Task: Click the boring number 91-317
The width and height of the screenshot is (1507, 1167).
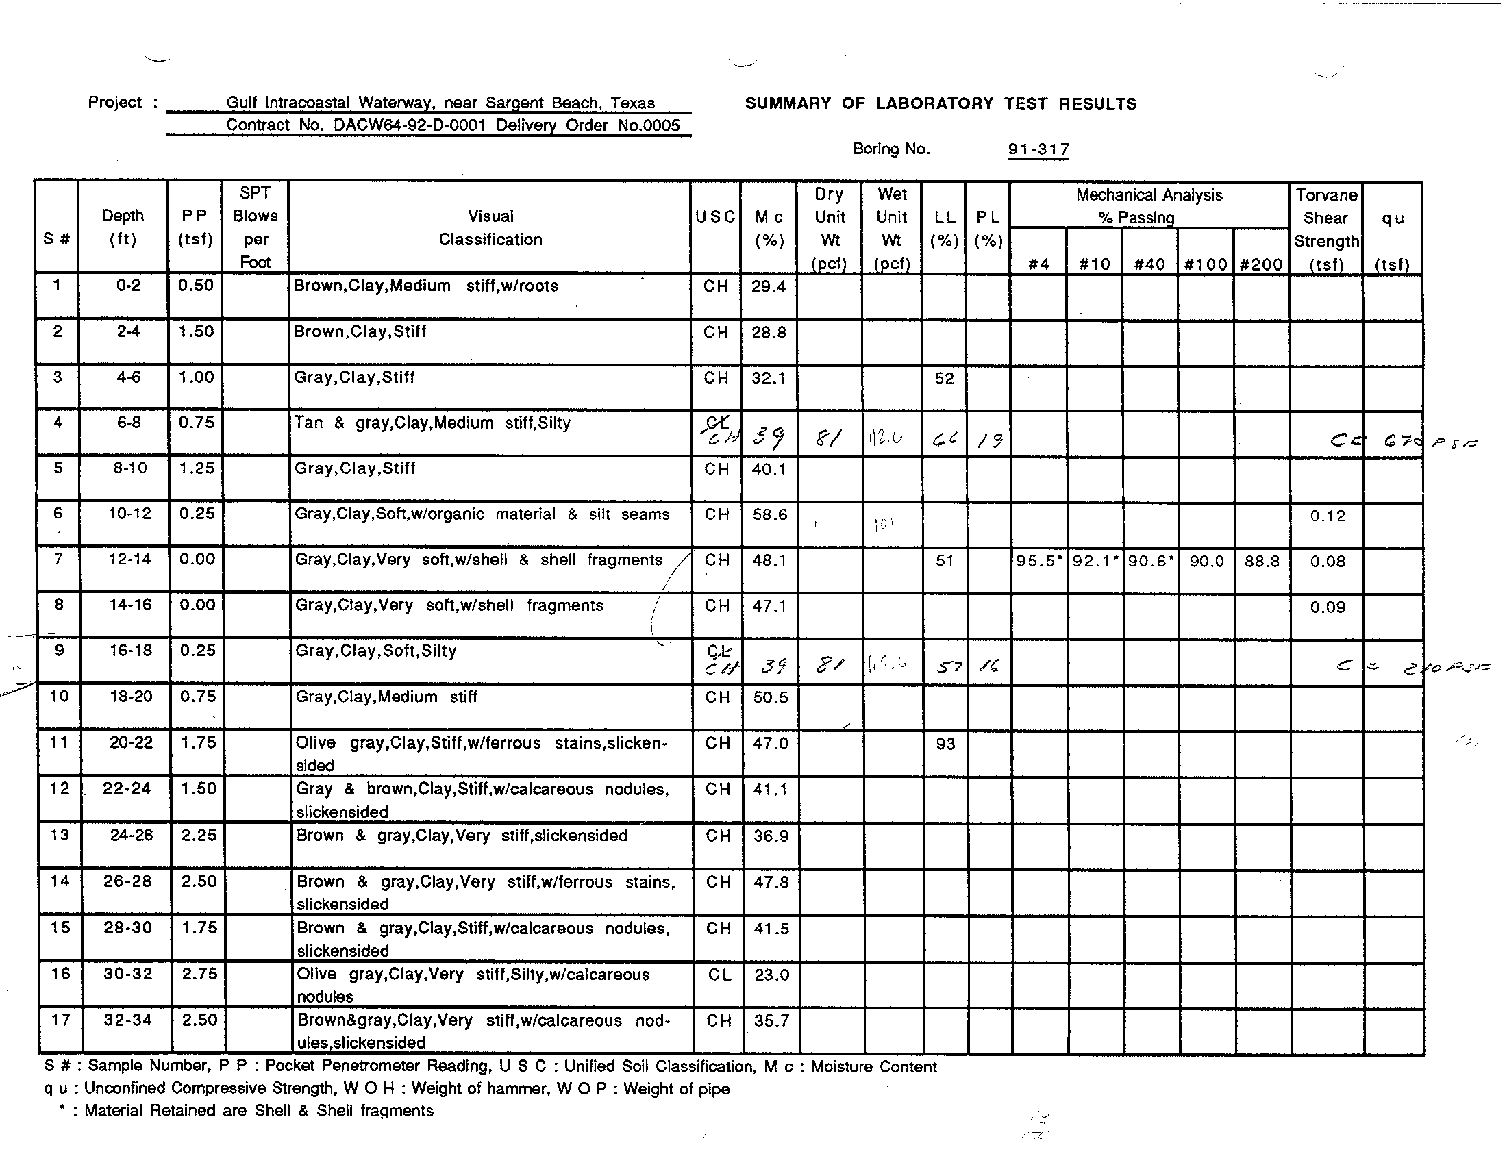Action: (1038, 150)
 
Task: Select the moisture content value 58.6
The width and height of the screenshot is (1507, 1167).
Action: (769, 515)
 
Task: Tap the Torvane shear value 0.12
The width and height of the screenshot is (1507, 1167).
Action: (1328, 516)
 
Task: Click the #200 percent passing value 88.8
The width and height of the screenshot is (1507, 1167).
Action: (1262, 562)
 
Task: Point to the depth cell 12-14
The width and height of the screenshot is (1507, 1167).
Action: (129, 560)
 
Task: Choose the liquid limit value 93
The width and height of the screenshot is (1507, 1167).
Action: (945, 744)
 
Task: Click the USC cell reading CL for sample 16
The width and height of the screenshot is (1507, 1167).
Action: (719, 975)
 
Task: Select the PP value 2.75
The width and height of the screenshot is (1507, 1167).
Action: (199, 974)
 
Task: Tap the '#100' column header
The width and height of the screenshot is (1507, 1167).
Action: (1206, 264)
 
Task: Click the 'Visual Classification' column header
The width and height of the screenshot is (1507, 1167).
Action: (490, 227)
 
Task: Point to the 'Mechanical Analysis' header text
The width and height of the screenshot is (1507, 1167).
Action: (1149, 195)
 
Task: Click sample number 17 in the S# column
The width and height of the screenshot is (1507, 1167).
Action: (61, 1019)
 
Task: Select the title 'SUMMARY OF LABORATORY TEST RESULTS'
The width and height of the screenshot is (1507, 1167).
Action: (941, 104)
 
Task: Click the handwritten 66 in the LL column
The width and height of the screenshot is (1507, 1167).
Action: (943, 439)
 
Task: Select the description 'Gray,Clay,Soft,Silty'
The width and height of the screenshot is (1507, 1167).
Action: (375, 651)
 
